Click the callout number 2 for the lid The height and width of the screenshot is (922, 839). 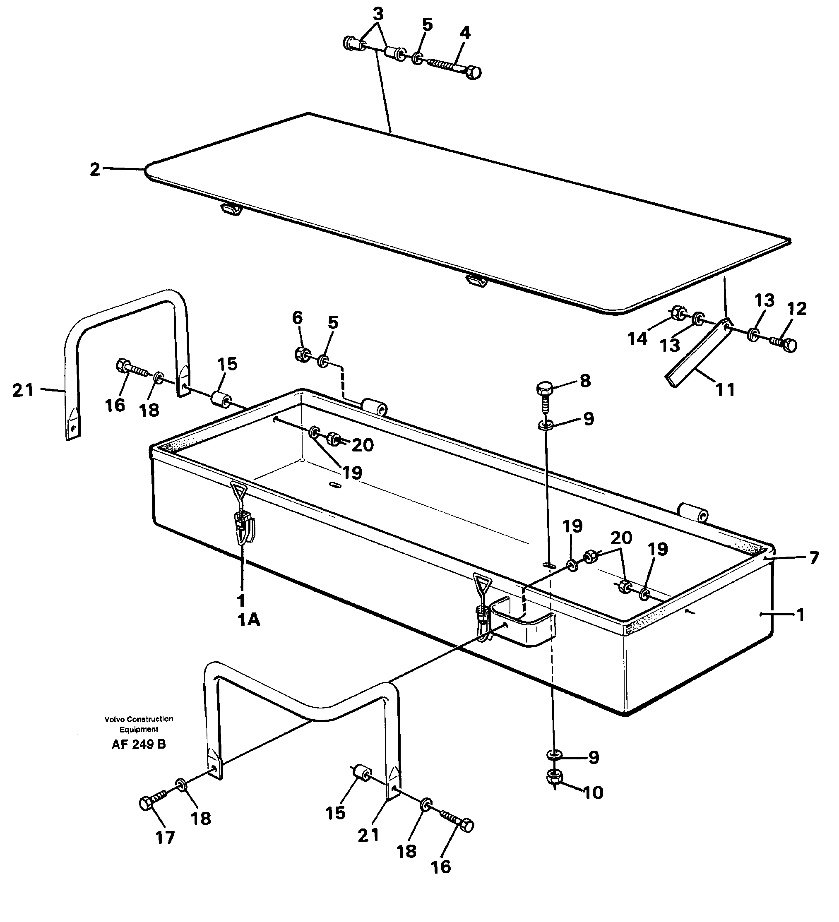[95, 170]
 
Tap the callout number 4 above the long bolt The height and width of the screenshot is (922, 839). [464, 33]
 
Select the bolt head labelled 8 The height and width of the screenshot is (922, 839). [544, 389]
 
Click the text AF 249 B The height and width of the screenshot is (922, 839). [139, 744]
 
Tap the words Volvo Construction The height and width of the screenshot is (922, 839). [139, 719]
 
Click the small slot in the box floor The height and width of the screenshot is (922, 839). [335, 484]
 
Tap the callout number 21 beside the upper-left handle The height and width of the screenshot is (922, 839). [23, 390]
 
